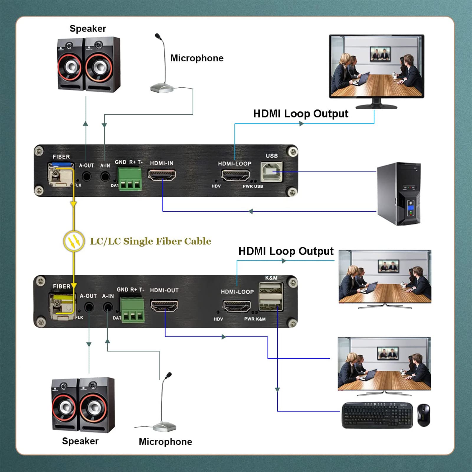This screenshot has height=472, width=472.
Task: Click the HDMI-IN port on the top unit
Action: click(162, 175)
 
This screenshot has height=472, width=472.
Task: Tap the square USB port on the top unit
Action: click(271, 171)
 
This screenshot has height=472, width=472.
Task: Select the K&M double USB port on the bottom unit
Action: click(271, 296)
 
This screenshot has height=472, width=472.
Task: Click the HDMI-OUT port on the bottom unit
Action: click(164, 305)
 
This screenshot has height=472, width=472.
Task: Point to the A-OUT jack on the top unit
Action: click(86, 176)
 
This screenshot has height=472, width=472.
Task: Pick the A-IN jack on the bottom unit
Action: click(108, 307)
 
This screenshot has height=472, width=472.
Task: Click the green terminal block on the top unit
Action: click(130, 179)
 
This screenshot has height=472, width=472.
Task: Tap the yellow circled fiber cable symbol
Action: click(74, 241)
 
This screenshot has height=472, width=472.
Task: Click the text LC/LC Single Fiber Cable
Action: click(150, 241)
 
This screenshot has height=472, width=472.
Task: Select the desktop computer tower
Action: click(399, 194)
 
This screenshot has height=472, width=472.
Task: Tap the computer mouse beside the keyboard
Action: click(424, 415)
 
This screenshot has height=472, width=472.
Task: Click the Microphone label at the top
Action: click(197, 58)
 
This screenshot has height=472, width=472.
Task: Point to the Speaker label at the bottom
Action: click(80, 441)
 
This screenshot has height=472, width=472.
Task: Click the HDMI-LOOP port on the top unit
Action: click(235, 176)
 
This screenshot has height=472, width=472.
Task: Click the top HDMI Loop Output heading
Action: click(301, 114)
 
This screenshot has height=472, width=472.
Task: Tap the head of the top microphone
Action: click(158, 36)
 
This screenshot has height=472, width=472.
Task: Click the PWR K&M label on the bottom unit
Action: click(255, 319)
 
